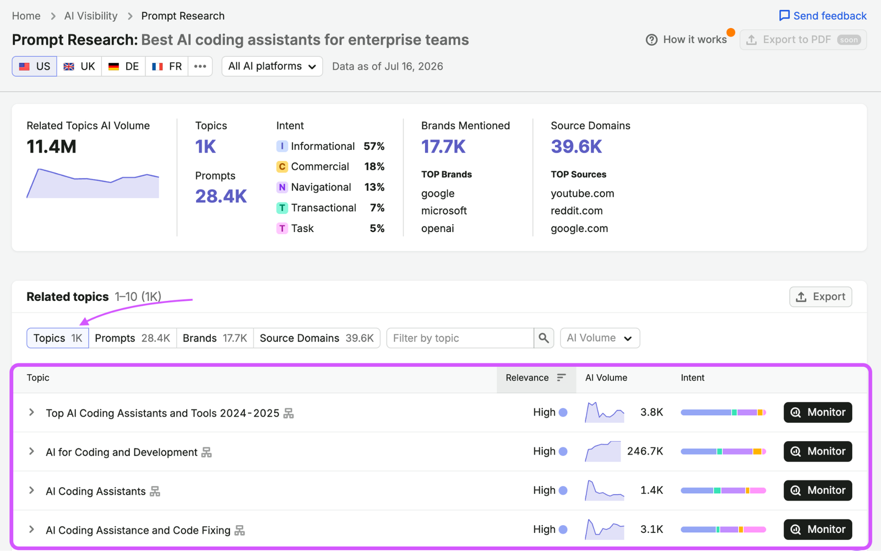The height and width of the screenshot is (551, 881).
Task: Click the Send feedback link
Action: click(x=823, y=16)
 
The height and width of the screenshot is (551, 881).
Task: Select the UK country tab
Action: click(x=79, y=66)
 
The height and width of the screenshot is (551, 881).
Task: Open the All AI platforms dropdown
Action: click(x=272, y=66)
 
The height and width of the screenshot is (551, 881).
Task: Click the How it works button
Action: click(x=686, y=39)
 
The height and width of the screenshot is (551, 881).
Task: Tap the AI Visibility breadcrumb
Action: click(x=91, y=16)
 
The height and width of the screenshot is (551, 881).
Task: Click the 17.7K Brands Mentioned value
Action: click(x=443, y=147)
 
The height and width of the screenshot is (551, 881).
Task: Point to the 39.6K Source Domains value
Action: click(x=576, y=147)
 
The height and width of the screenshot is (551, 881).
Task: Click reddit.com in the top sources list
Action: click(x=577, y=210)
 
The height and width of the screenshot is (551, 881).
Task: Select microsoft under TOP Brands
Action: click(x=444, y=210)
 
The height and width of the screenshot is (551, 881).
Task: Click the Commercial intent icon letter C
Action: click(x=281, y=166)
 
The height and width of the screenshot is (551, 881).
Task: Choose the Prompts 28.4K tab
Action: click(x=133, y=338)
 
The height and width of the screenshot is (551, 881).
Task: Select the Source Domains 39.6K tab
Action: click(x=317, y=338)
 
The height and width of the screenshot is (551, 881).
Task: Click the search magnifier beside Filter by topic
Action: click(x=543, y=338)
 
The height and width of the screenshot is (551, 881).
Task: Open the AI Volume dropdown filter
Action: click(x=600, y=338)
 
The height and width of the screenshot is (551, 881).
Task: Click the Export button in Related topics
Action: click(x=820, y=297)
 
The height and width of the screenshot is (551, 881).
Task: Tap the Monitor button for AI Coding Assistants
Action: click(x=818, y=490)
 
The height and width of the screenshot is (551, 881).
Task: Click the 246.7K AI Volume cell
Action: click(x=645, y=451)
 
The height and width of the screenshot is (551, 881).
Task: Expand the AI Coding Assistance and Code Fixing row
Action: click(x=31, y=530)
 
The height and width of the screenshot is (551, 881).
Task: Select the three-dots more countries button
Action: click(x=200, y=66)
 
